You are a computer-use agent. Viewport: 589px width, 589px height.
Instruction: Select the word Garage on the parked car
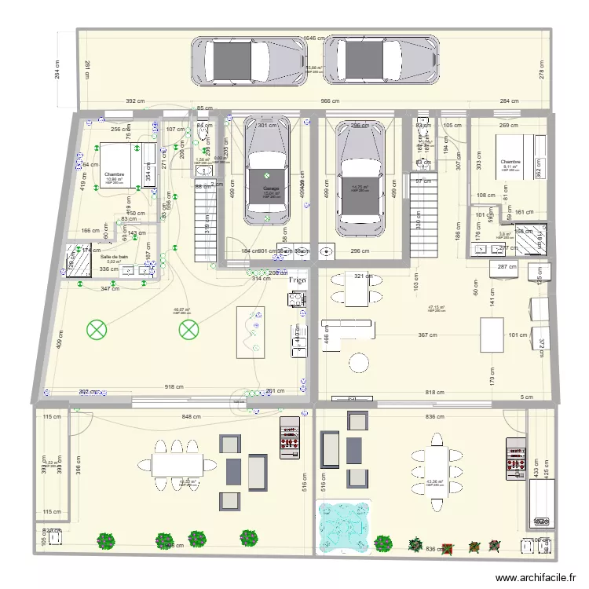point(271,189)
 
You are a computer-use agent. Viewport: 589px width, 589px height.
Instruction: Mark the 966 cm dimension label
point(329,101)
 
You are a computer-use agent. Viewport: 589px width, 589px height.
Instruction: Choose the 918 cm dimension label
point(174,387)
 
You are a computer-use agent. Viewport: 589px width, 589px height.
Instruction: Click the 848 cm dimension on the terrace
point(191,418)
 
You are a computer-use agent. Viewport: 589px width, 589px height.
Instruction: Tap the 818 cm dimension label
point(434,392)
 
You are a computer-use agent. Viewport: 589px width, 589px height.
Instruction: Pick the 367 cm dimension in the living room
point(427,335)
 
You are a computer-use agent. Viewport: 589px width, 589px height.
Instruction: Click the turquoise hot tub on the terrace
point(346,524)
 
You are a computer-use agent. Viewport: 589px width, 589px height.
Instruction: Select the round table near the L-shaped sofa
point(359,362)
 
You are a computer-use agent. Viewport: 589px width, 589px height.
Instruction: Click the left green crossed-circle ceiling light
point(97,330)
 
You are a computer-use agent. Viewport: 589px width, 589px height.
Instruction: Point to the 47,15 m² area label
point(437,307)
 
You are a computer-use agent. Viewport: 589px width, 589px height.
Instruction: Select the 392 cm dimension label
point(137,101)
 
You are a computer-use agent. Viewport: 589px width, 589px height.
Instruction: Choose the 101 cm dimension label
point(518,335)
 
